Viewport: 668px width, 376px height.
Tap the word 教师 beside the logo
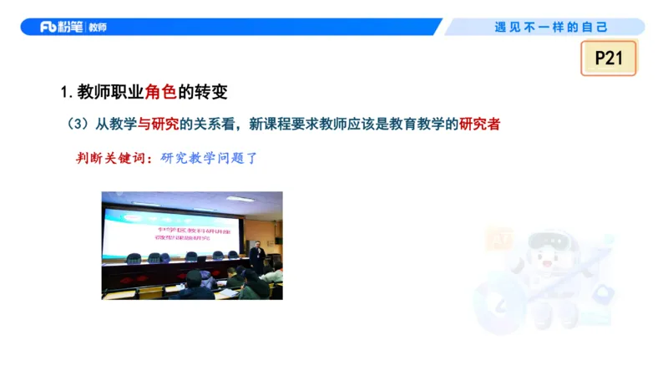[x=97, y=28]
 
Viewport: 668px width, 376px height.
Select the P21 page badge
[x=609, y=58]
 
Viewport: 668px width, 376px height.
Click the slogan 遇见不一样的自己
[x=551, y=27]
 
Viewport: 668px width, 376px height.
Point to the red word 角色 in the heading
[x=160, y=91]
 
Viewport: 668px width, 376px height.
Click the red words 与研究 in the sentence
[x=159, y=124]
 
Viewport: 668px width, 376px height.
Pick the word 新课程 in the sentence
[x=269, y=124]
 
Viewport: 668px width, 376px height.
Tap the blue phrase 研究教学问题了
[x=209, y=156]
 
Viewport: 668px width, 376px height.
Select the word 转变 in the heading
[x=210, y=91]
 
